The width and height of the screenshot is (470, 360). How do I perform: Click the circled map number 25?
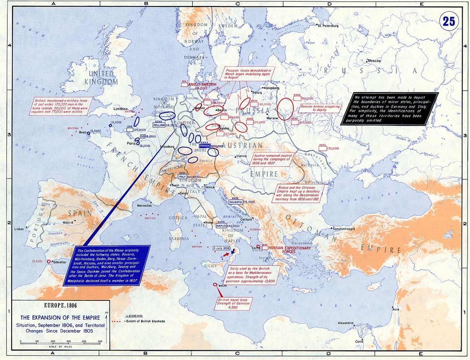[449, 21]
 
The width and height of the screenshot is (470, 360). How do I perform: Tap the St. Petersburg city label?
[328, 26]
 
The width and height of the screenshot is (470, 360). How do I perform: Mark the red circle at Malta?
[215, 284]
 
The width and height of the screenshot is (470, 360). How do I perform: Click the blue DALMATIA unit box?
[235, 202]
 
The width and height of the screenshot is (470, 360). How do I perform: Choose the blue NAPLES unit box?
[221, 226]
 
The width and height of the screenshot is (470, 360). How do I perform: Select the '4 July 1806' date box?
[221, 248]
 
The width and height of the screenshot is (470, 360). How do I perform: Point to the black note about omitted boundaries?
[389, 109]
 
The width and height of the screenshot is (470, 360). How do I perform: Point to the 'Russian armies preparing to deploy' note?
[320, 108]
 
